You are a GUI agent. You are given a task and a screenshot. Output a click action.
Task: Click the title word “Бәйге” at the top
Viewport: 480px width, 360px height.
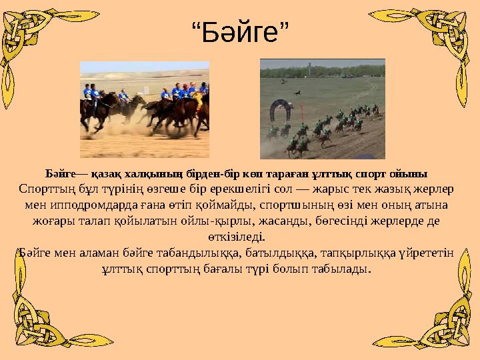click(x=239, y=32)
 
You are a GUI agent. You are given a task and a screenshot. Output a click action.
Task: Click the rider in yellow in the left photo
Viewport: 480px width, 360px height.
click(x=197, y=100)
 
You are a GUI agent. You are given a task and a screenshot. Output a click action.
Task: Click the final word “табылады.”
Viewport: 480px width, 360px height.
click(x=343, y=269)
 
